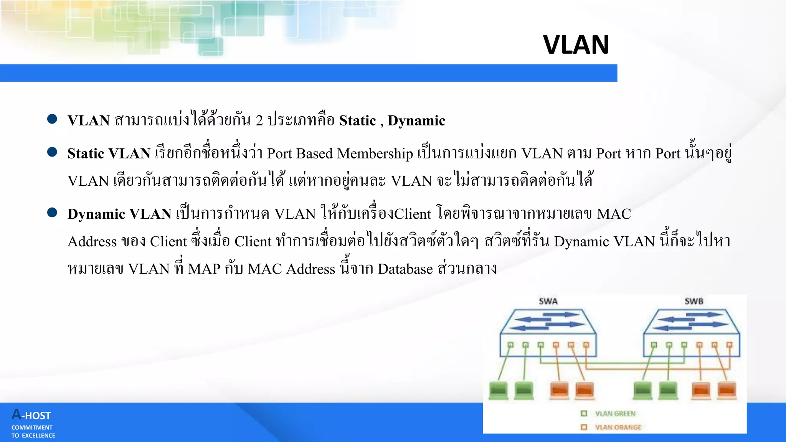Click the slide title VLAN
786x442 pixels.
click(576, 45)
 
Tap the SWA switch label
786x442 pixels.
click(548, 301)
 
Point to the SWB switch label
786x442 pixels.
click(694, 301)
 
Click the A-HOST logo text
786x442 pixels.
click(31, 415)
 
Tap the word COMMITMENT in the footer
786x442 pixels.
click(32, 427)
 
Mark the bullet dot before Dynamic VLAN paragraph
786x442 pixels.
click(52, 213)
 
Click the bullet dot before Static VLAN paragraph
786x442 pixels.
click(52, 152)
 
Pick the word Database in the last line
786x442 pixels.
click(405, 269)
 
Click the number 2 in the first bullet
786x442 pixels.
click(259, 121)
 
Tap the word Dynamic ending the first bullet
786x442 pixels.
click(416, 121)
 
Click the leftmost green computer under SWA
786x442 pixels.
click(499, 391)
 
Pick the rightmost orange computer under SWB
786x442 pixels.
click(727, 391)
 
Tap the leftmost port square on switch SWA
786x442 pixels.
click(510, 345)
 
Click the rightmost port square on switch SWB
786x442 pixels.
click(729, 345)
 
